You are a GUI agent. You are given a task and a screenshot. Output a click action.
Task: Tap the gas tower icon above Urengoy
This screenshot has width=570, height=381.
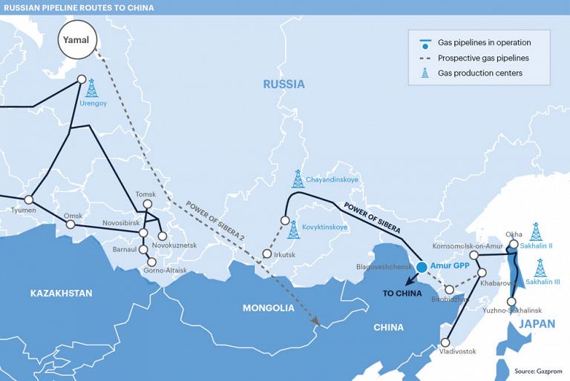pyautogui.click(x=92, y=88)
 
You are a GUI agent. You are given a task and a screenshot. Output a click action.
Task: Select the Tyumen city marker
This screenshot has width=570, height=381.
pyautogui.click(x=29, y=199)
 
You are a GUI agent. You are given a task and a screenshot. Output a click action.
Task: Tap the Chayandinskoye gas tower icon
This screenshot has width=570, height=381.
pyautogui.click(x=298, y=179)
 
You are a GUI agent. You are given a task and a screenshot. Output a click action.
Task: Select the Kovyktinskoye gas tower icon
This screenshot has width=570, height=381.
pyautogui.click(x=294, y=230)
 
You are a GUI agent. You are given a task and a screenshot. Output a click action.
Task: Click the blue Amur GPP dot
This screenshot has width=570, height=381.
pyautogui.click(x=422, y=266)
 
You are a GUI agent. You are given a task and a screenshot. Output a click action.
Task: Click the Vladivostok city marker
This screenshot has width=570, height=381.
pyautogui.click(x=445, y=342)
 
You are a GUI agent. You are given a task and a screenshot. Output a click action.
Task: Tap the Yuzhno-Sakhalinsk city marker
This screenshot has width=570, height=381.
pyautogui.click(x=511, y=302)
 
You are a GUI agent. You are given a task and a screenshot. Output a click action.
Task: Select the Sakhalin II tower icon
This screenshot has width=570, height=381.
pyautogui.click(x=536, y=231)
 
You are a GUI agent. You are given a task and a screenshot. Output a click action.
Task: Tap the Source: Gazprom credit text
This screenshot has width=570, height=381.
pyautogui.click(x=538, y=370)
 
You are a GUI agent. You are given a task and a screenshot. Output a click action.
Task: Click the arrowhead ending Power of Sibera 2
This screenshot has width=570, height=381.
pyautogui.click(x=318, y=322)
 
